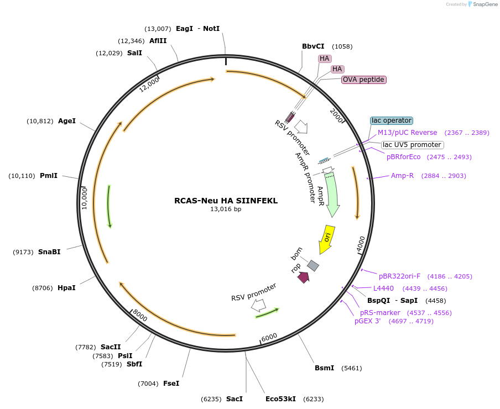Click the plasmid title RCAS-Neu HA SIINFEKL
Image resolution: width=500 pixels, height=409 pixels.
(226, 201)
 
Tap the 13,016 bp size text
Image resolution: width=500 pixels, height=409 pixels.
(226, 209)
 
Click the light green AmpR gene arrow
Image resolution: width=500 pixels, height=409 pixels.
(332, 193)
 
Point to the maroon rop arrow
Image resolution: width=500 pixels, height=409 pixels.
(303, 277)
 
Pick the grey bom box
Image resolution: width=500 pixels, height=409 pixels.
(313, 265)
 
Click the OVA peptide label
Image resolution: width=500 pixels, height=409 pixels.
(363, 80)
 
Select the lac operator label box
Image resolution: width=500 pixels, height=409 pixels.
(392, 120)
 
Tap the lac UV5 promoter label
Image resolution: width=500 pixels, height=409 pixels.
(412, 145)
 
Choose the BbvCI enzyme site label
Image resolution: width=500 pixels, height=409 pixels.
(313, 46)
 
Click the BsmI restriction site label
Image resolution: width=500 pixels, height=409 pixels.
(324, 368)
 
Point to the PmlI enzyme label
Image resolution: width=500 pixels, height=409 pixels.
(49, 176)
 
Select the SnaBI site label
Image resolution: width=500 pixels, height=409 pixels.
(49, 251)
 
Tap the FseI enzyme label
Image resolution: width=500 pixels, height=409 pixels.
(171, 383)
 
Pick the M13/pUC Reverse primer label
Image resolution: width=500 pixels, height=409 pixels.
(407, 133)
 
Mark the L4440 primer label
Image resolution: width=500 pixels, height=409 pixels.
(383, 288)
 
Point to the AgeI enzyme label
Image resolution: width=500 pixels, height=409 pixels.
(67, 120)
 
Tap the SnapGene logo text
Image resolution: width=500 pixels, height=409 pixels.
(485, 4)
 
